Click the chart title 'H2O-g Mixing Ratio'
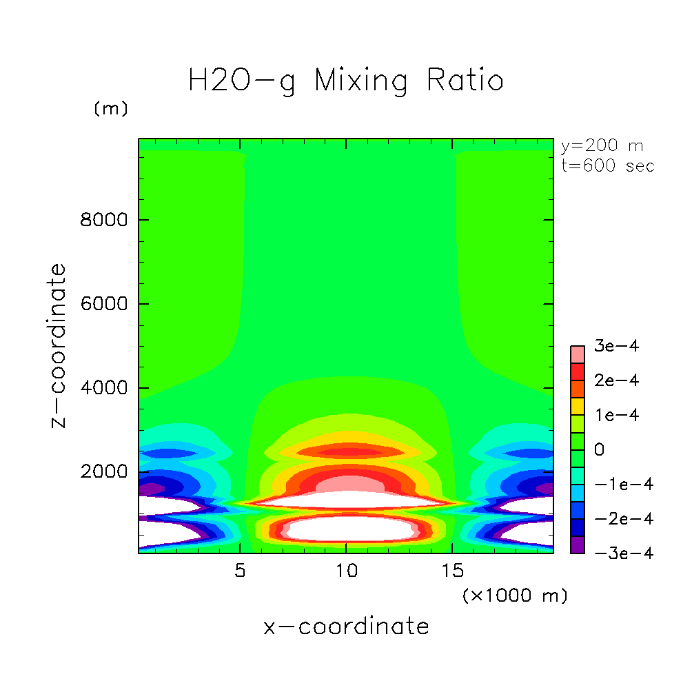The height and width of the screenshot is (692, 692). tap(346, 81)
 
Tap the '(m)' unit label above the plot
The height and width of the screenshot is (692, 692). tap(111, 109)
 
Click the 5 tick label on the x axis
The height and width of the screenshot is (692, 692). tap(240, 571)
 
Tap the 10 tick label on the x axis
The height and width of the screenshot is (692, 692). tap(346, 571)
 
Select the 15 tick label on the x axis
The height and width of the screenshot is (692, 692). tap(452, 571)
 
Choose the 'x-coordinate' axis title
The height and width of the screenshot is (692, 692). tap(346, 627)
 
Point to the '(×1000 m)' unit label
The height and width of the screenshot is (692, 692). tap(515, 595)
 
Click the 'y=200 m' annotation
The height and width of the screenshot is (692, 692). tap(602, 146)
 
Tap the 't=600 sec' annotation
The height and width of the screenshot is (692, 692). tap(607, 165)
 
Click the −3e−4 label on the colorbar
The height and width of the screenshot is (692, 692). tap(615, 553)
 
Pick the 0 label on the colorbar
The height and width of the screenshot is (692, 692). tap(599, 450)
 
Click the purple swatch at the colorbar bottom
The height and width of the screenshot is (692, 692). tap(578, 545)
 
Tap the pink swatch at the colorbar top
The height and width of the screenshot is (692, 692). tap(578, 354)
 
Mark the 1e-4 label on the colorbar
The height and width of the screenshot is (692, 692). tap(615, 415)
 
